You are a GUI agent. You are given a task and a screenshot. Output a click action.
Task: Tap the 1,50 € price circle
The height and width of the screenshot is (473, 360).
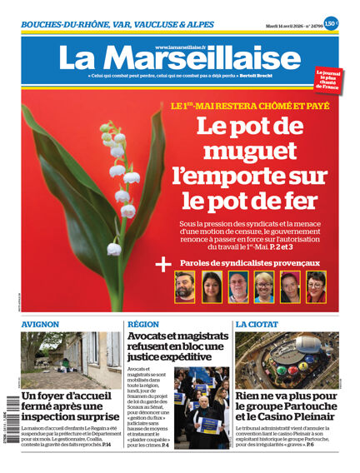330,23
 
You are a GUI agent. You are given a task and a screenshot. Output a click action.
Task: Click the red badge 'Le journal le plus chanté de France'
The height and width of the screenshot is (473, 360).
327,80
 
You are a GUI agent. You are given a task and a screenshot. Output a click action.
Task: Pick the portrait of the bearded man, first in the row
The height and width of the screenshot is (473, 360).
185,286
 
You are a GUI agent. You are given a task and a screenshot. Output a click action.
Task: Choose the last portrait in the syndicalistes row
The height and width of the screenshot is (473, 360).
316,286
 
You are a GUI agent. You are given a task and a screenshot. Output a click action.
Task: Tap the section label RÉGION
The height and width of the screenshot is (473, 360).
143,325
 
